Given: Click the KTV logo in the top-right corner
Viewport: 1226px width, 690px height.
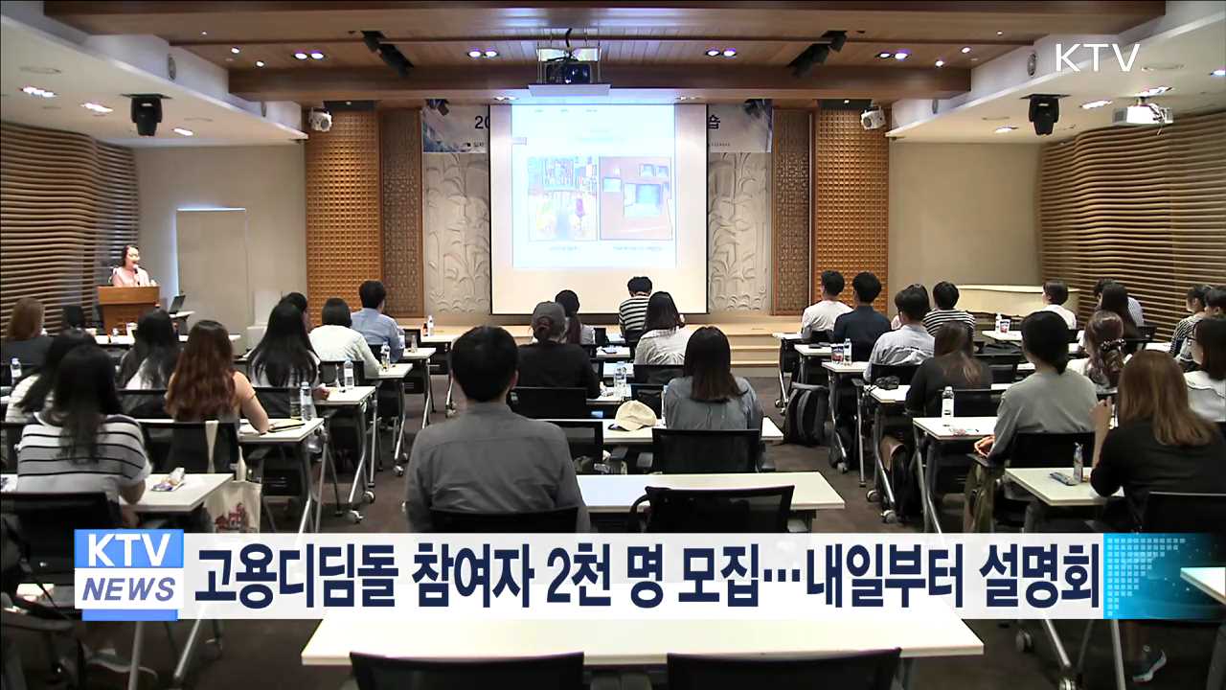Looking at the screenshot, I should click(1097, 57).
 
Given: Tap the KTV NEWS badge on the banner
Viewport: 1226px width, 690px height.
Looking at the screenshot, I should click(129, 574).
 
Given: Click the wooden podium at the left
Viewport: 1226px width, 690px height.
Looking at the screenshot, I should click(128, 307).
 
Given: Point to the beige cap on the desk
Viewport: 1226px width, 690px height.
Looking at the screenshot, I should click(634, 415).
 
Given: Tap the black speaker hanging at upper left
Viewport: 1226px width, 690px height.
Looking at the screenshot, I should click(147, 114).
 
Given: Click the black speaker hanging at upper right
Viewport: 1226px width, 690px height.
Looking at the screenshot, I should click(1043, 114).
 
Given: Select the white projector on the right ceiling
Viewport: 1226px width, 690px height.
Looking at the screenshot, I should click(1142, 114).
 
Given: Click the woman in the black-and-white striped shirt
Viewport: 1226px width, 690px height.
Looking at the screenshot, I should click(81, 431).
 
